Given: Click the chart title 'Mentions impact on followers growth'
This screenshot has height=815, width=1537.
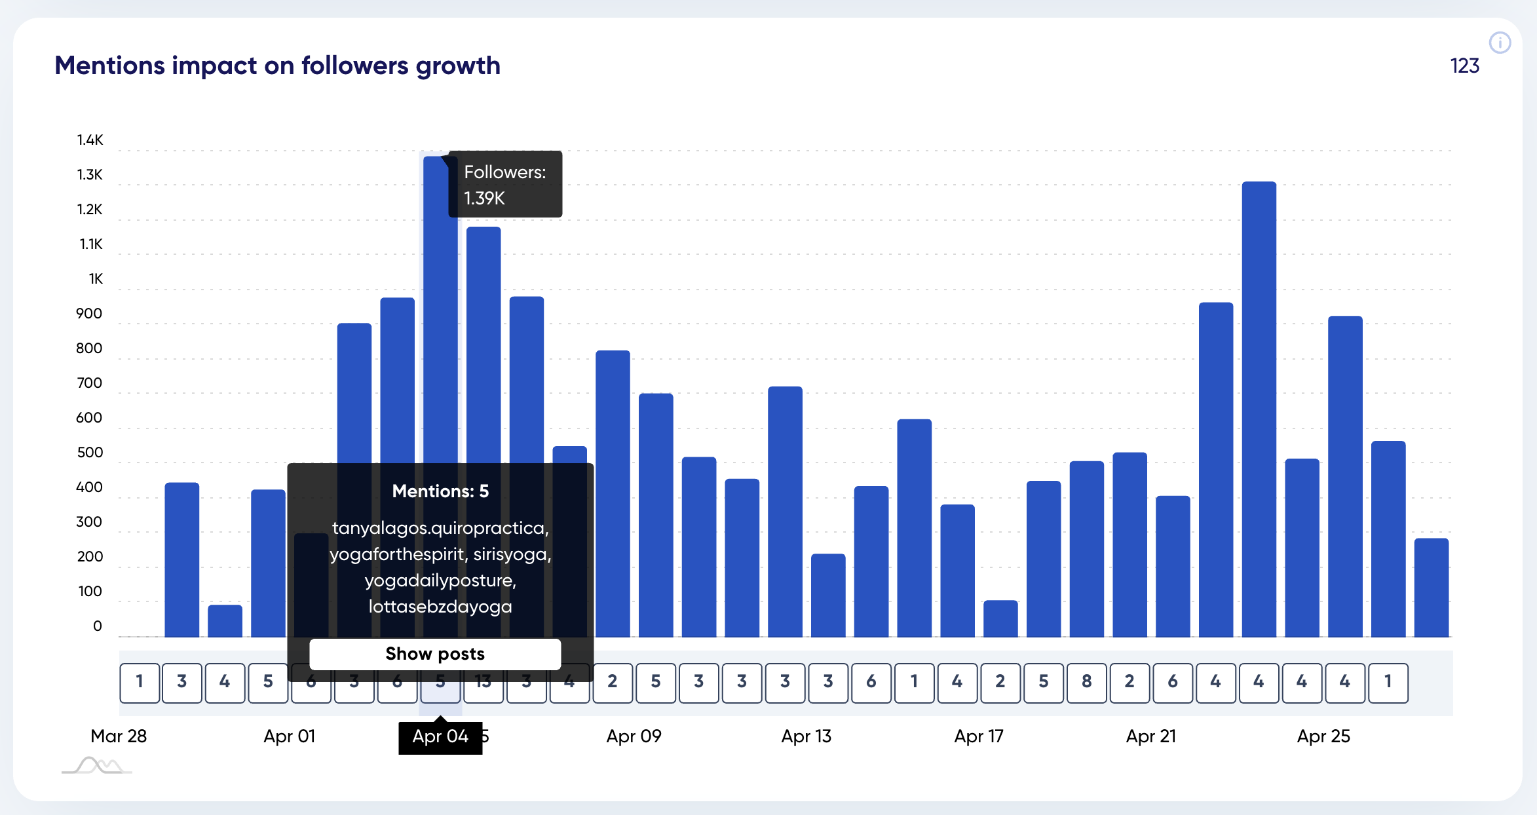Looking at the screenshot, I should tap(277, 66).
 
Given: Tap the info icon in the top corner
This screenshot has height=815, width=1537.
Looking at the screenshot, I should tap(1500, 43).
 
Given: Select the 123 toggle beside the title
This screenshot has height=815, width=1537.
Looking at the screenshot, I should tap(1464, 66).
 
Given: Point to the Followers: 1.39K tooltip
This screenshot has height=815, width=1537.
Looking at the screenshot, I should tap(505, 184).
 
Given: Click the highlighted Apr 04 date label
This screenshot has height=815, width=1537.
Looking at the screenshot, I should tap(440, 736).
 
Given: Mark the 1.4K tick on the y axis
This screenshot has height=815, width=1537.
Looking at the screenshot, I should tap(90, 140).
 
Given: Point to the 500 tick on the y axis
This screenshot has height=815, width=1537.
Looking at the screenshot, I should tap(90, 452).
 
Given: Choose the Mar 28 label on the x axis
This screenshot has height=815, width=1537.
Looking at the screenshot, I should tap(119, 736).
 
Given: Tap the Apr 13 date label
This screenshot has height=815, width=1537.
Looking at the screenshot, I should tap(806, 736).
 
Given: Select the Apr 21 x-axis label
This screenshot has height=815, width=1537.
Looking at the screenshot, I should tap(1150, 736).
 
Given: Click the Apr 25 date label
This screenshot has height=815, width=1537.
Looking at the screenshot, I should tap(1323, 736).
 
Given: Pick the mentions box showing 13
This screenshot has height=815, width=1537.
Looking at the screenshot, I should tap(484, 683).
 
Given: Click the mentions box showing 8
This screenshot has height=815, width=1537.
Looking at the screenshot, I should tap(1086, 682).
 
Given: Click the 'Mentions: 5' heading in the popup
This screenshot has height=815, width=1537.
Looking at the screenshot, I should tap(440, 491).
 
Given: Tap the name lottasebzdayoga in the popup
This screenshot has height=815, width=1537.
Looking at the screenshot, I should tap(440, 607).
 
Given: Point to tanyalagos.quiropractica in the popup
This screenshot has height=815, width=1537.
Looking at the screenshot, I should tap(440, 528).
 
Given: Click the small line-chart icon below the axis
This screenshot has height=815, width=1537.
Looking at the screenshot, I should tap(97, 765).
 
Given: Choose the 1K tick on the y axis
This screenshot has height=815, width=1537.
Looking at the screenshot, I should tap(96, 278).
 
